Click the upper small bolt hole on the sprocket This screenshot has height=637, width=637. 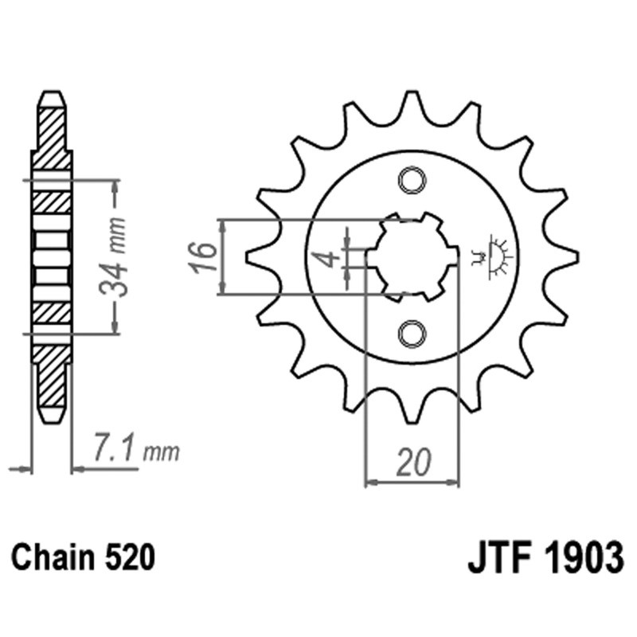click(x=412, y=181)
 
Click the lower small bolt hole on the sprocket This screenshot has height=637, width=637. click(x=412, y=333)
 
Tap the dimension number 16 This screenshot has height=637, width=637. click(x=205, y=256)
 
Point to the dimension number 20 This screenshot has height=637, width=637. click(x=413, y=463)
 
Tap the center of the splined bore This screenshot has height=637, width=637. click(x=412, y=256)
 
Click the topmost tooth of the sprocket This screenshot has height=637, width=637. click(x=412, y=102)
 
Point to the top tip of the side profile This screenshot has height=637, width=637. click(x=51, y=94)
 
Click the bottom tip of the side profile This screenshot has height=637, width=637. click(x=51, y=420)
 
